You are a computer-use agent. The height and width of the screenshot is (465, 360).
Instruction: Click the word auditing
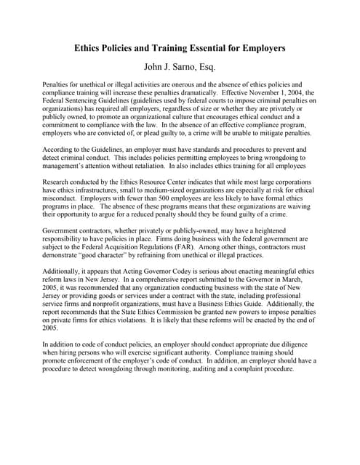pyautogui.click(x=213, y=369)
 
